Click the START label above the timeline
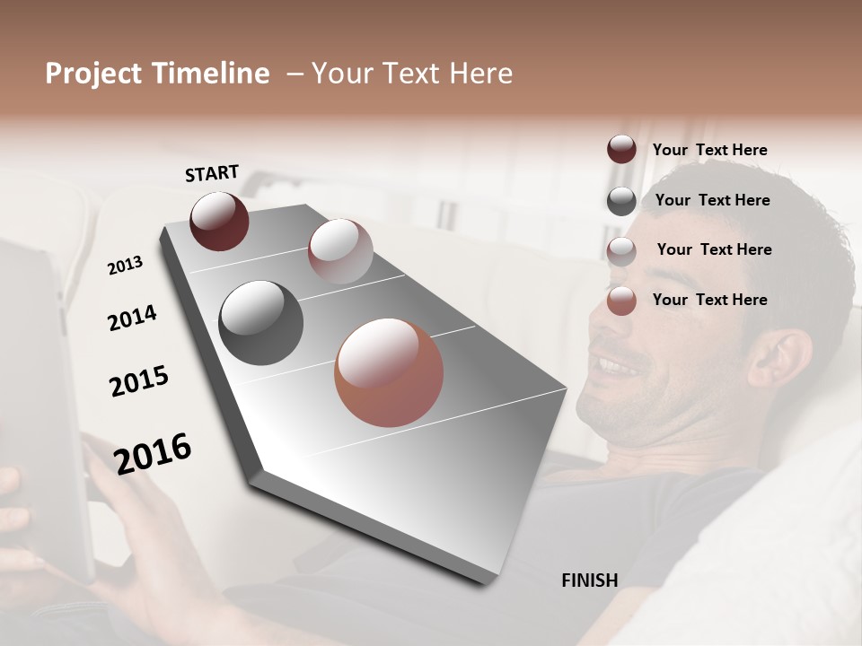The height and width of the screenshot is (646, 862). pyautogui.click(x=212, y=172)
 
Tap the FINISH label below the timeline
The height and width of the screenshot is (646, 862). pyautogui.click(x=589, y=581)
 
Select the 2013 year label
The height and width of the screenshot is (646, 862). pyautogui.click(x=125, y=266)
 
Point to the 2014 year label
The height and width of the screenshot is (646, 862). pyautogui.click(x=132, y=318)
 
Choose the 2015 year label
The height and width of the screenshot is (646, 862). pyautogui.click(x=139, y=381)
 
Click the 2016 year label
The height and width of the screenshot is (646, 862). pyautogui.click(x=153, y=453)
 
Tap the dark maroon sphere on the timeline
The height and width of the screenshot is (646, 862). pyautogui.click(x=219, y=221)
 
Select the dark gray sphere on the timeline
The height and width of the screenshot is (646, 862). pyautogui.click(x=260, y=323)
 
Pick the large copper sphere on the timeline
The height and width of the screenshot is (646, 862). pyautogui.click(x=389, y=372)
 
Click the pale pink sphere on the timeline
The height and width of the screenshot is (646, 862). pyautogui.click(x=339, y=251)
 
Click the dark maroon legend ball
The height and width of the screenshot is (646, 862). pyautogui.click(x=621, y=150)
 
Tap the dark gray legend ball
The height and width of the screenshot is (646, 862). pyautogui.click(x=621, y=201)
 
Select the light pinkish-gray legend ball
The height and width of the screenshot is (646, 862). pyautogui.click(x=621, y=251)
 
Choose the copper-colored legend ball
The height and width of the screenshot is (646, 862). pyautogui.click(x=621, y=301)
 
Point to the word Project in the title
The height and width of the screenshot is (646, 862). pyautogui.click(x=92, y=74)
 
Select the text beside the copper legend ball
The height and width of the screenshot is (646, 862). pyautogui.click(x=709, y=300)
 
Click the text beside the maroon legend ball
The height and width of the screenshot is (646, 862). pyautogui.click(x=709, y=150)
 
